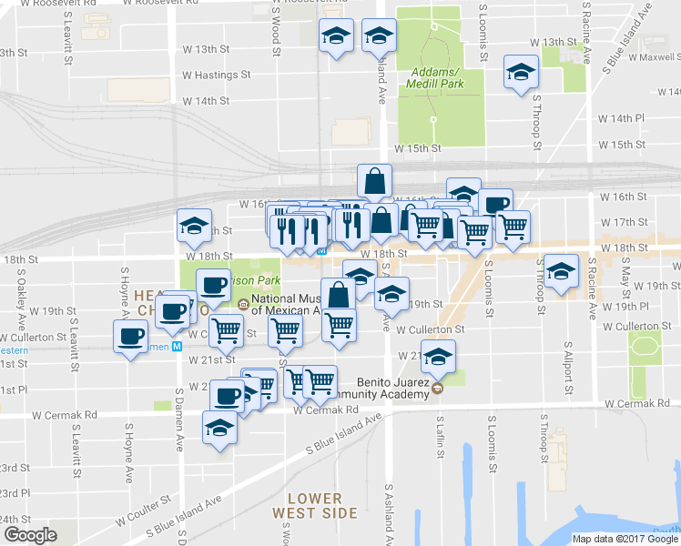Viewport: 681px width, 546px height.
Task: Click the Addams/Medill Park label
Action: tap(436, 77)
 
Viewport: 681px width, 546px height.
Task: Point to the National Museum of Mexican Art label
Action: tap(290, 303)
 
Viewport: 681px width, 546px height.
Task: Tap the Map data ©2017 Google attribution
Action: tap(625, 539)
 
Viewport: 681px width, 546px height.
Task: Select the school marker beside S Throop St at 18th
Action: tap(560, 270)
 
